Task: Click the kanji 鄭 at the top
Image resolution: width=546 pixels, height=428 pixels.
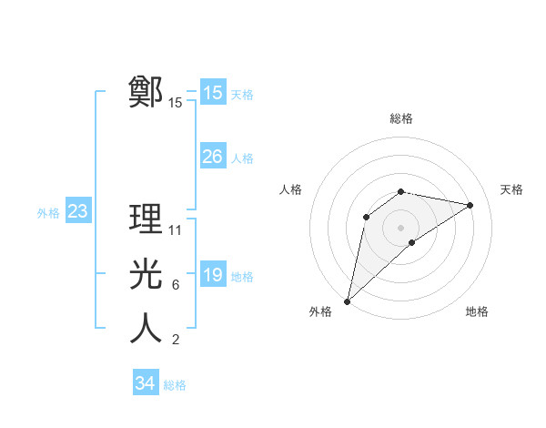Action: [147, 92]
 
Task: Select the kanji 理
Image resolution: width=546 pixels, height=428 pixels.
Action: [147, 219]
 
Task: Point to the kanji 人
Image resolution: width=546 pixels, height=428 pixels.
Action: [147, 329]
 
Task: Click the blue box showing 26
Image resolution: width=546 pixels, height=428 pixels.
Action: [212, 157]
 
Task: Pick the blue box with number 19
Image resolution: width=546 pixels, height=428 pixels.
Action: [212, 274]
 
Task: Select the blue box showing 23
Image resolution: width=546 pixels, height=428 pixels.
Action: [77, 212]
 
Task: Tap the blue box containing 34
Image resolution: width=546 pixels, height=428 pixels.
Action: [145, 383]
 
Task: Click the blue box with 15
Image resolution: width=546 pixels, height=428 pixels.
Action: [212, 93]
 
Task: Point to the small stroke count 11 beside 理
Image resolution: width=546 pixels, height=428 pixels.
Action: [176, 229]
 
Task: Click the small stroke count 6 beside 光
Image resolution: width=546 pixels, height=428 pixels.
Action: [175, 285]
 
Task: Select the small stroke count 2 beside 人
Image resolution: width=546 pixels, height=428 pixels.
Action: [175, 340]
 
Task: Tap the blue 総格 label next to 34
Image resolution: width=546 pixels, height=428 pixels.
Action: [175, 385]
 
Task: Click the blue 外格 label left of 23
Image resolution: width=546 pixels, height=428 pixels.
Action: [48, 213]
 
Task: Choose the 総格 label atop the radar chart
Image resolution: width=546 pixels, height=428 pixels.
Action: [400, 118]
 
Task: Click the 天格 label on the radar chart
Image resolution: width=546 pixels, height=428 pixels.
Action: [511, 189]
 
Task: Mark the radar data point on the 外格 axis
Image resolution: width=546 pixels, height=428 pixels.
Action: [347, 301]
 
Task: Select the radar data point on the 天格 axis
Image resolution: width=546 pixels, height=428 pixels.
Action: [470, 205]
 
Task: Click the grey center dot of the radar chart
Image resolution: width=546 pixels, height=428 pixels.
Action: [400, 227]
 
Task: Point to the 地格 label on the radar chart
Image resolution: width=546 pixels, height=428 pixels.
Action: [477, 311]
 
